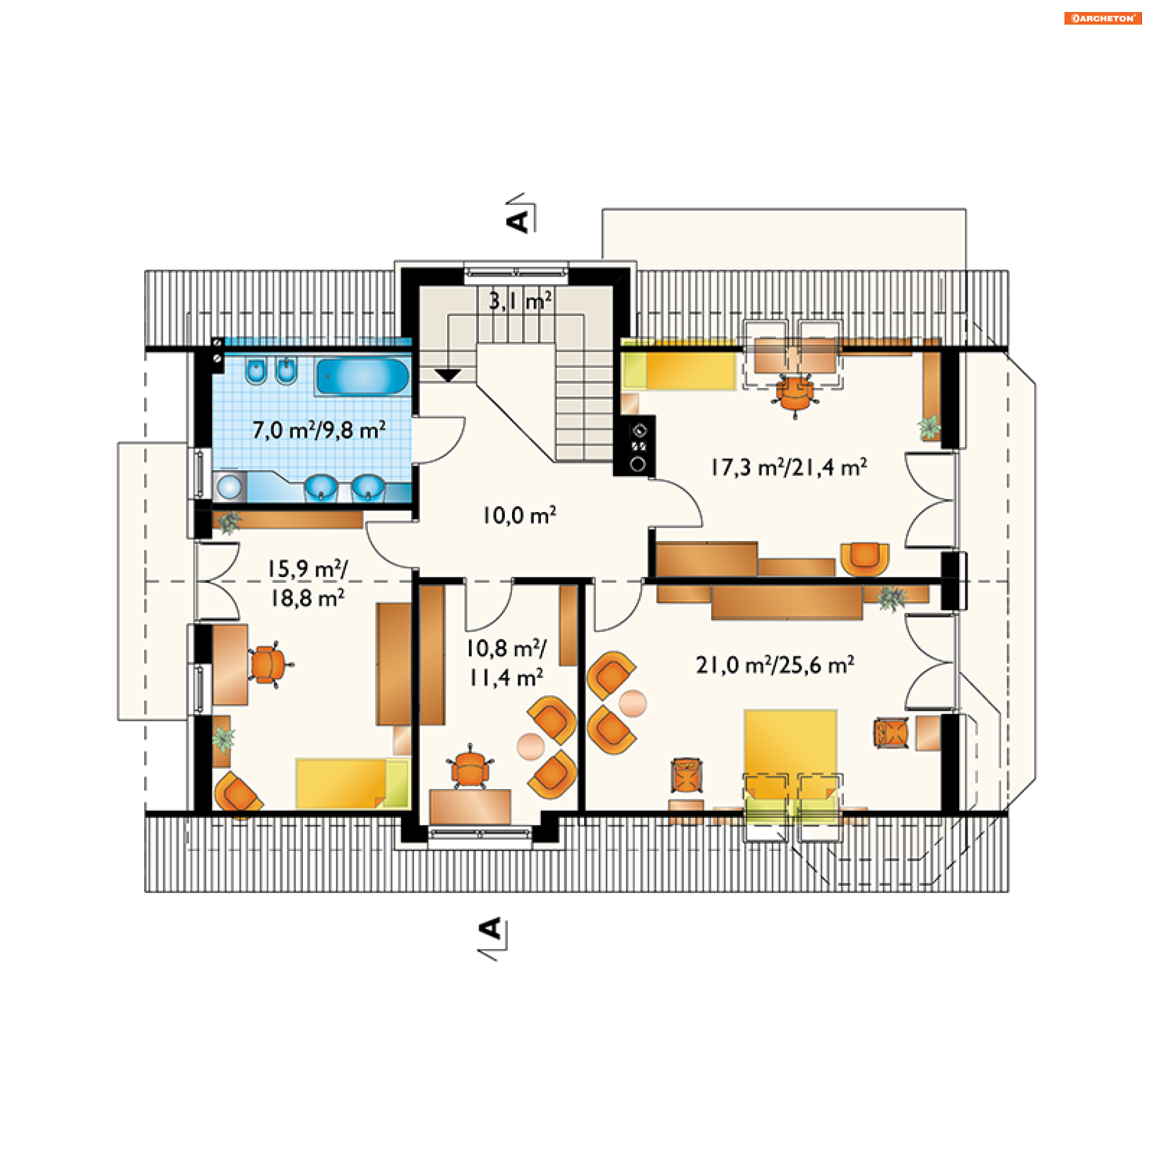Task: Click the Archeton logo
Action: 1102,19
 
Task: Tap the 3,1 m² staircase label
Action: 520,301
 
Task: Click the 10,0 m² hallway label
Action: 520,515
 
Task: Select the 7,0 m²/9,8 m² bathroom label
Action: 319,430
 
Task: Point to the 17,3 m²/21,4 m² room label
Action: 789,467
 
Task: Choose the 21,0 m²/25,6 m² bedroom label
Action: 775,665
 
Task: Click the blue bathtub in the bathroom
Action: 362,376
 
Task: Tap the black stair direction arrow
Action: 448,375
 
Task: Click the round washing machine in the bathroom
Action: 229,486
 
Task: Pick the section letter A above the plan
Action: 518,221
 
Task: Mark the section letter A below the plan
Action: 491,929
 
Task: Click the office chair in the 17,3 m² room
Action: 795,394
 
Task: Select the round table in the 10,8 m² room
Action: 531,746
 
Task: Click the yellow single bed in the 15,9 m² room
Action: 352,783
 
